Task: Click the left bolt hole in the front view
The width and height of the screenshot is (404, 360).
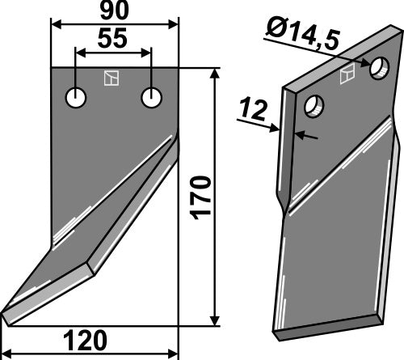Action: [x=77, y=99]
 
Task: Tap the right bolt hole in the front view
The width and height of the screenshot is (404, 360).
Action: [x=151, y=98]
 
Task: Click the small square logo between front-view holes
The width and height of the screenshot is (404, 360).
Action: [x=111, y=78]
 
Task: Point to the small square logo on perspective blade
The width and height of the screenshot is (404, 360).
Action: [x=347, y=76]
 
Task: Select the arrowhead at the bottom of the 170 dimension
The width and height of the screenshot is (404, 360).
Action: [x=214, y=320]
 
